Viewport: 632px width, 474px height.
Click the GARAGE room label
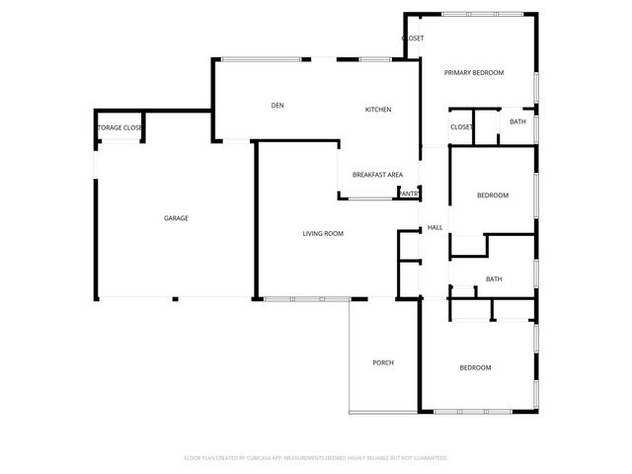(176, 218)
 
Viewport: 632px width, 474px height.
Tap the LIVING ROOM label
(323, 233)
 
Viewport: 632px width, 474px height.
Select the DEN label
(278, 106)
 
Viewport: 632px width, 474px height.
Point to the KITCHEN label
(379, 109)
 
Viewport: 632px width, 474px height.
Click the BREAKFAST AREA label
(377, 175)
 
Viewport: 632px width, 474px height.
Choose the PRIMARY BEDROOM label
(474, 73)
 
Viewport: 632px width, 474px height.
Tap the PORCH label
(383, 362)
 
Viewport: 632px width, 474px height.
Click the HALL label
(434, 228)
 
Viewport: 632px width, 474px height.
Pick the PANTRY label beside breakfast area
(409, 194)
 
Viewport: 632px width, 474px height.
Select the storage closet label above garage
(119, 128)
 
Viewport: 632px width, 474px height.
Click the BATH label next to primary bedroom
(517, 122)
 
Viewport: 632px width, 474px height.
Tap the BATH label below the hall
(494, 279)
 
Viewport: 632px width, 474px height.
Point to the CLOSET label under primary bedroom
(461, 127)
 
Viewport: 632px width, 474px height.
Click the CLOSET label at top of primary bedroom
(413, 39)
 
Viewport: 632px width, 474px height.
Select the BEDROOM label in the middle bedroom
(493, 196)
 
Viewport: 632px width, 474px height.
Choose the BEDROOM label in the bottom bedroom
(475, 367)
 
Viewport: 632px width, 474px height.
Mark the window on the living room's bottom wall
(307, 298)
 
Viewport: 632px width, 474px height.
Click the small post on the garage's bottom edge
(175, 298)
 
